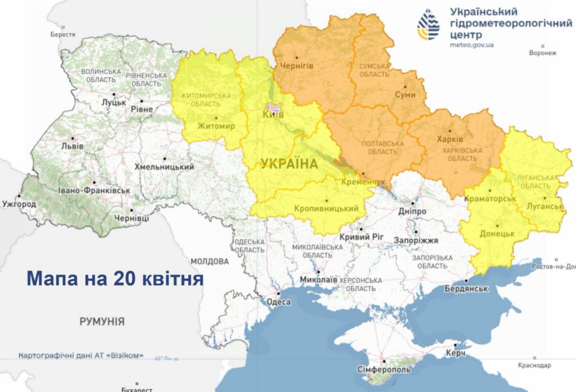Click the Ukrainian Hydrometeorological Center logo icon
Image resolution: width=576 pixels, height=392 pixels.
(428, 24)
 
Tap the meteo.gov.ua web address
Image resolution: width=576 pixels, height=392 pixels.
(472, 44)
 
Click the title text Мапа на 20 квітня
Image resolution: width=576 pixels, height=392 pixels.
(115, 278)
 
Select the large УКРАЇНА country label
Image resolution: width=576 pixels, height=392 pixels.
(289, 164)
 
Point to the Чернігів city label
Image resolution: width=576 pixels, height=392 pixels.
(297, 66)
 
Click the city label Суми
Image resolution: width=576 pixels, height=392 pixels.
(405, 95)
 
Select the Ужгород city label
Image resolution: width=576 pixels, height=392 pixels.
(20, 204)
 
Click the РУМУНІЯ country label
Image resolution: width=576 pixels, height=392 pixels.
(102, 322)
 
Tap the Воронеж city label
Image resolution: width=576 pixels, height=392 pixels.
(543, 53)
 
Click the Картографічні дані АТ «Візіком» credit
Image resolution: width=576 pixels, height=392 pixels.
(81, 355)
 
